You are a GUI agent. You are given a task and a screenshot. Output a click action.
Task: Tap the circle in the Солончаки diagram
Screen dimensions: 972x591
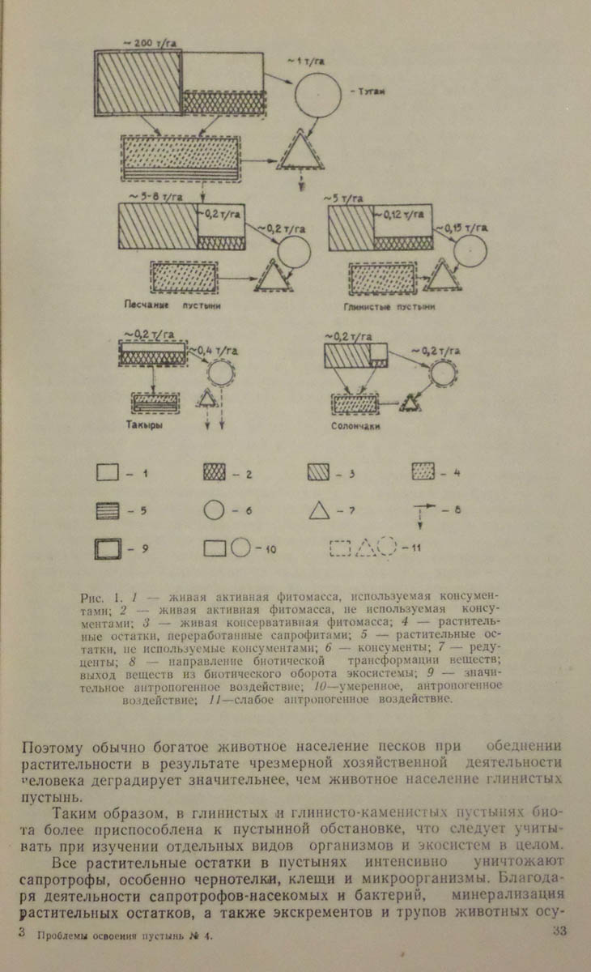440,372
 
